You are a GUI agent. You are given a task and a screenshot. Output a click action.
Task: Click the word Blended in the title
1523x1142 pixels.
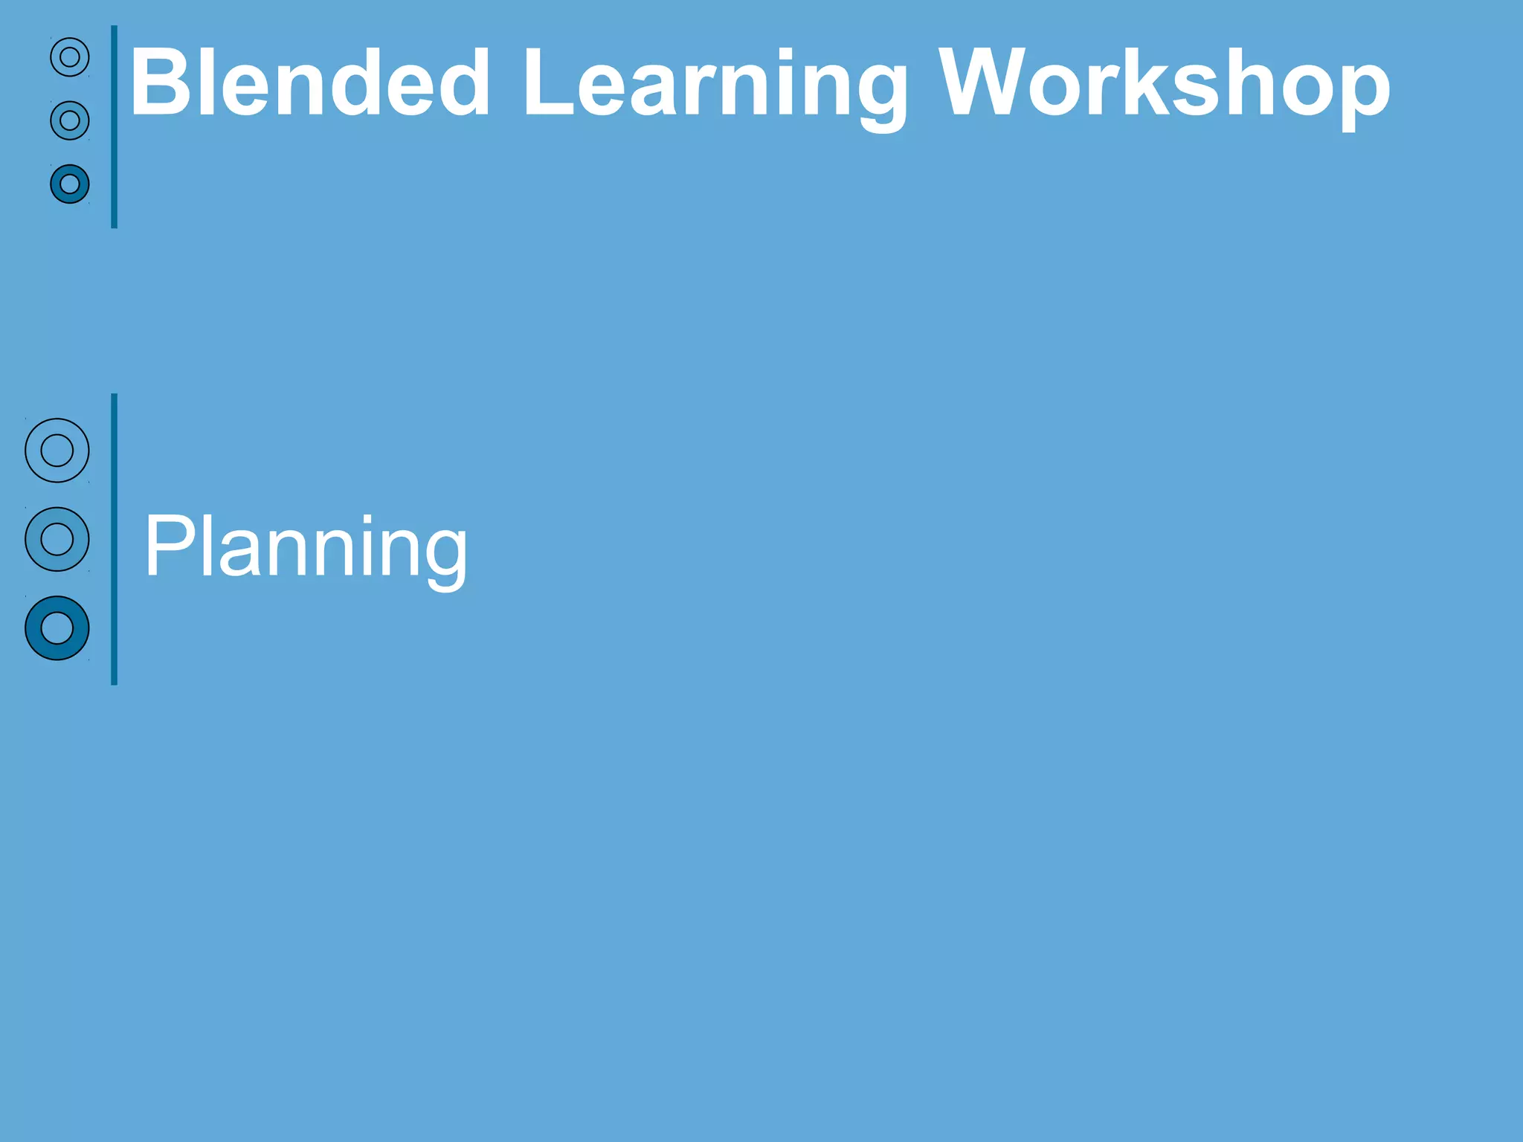pos(309,83)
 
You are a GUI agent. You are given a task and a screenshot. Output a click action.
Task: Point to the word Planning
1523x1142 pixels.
pos(306,549)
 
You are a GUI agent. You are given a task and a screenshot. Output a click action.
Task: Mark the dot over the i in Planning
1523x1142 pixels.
pos(367,517)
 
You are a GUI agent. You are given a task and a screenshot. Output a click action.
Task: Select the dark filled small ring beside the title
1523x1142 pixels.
pos(70,184)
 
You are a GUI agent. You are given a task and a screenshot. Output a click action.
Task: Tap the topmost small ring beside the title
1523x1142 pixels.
pos(70,57)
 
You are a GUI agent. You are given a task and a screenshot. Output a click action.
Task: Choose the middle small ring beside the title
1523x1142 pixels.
pos(70,120)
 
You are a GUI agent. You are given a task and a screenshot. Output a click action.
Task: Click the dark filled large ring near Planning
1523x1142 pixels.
pos(57,628)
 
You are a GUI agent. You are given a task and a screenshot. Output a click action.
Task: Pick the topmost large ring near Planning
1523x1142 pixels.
pos(57,451)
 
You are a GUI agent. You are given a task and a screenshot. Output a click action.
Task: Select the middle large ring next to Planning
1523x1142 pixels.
pos(57,539)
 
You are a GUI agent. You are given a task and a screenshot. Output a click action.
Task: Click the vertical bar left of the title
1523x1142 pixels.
pos(115,126)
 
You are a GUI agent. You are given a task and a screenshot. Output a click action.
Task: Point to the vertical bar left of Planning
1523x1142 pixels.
pos(115,539)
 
